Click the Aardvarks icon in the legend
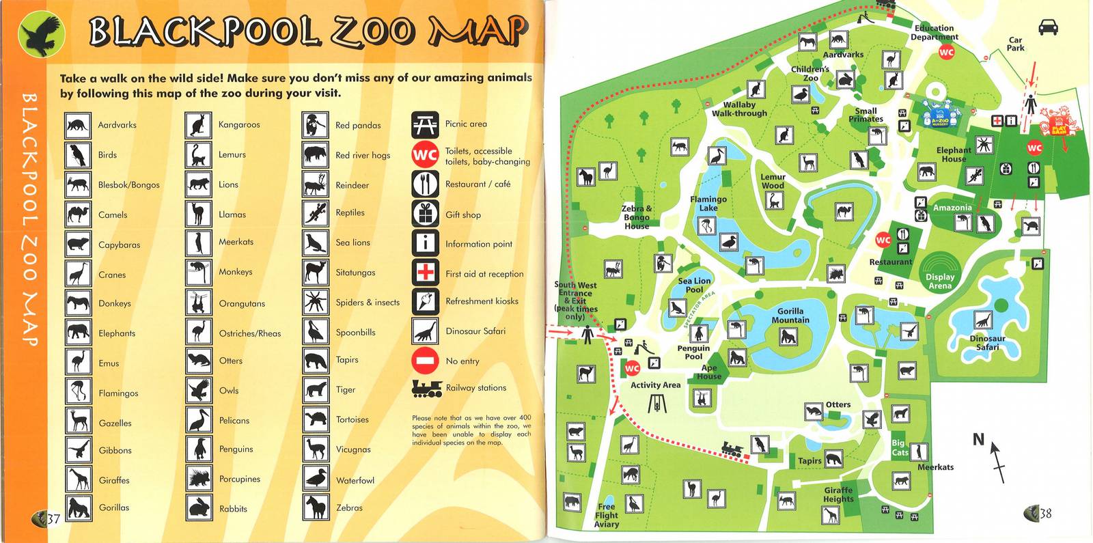click(78, 125)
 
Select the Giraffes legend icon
click(78, 479)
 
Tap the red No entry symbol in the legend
click(425, 361)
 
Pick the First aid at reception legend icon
click(425, 273)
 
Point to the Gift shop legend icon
click(425, 214)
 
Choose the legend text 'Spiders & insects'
click(368, 303)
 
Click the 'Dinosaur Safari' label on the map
click(987, 343)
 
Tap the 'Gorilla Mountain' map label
click(790, 316)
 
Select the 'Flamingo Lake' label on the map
click(708, 204)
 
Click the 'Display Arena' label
click(940, 281)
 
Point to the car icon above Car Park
click(1048, 27)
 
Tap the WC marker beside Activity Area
click(632, 368)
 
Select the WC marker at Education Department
click(946, 52)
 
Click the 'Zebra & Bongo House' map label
click(637, 217)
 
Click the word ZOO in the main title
click(373, 31)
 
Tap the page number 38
click(1045, 514)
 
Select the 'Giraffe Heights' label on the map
click(838, 495)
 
